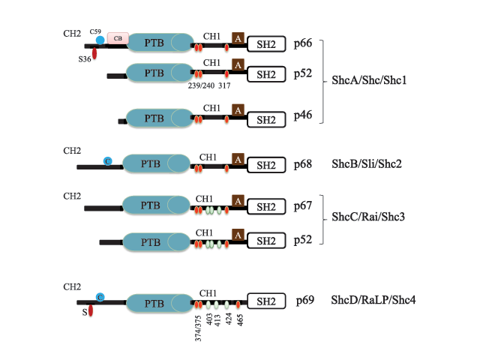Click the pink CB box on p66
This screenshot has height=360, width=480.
(118, 38)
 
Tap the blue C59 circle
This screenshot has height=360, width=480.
(100, 40)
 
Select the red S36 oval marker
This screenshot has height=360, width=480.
(94, 53)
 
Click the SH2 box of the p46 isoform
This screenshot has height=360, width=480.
(266, 120)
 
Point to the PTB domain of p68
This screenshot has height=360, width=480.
(156, 163)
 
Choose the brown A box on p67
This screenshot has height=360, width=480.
(238, 201)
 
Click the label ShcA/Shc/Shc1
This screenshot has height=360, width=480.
(369, 80)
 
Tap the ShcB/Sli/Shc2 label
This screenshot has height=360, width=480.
(367, 164)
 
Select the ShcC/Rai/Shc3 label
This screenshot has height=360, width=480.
(368, 217)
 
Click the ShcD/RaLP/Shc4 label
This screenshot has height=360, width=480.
(373, 300)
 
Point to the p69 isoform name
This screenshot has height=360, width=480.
(305, 301)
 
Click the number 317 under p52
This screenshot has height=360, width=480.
(224, 85)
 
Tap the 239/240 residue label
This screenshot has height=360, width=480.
(201, 85)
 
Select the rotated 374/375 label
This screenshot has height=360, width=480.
(198, 328)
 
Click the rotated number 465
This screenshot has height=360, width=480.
(240, 320)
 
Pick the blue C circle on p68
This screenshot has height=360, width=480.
(108, 161)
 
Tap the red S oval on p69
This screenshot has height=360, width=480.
(91, 311)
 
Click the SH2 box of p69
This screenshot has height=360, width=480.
(266, 301)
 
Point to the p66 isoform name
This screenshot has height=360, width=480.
(303, 43)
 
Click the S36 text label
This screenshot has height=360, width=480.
(85, 59)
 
